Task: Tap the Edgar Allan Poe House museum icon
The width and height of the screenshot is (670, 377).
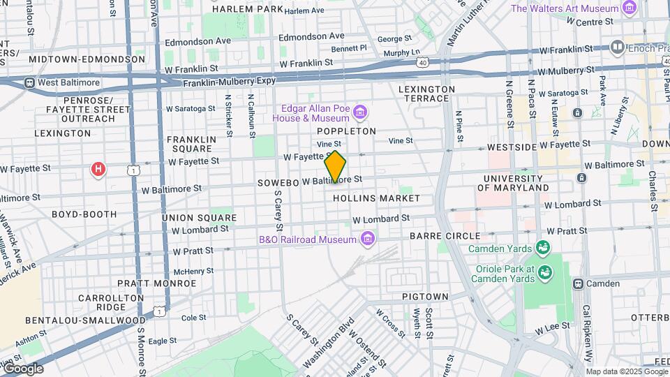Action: pyautogui.click(x=360, y=112)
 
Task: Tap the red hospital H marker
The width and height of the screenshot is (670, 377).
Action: pyautogui.click(x=99, y=169)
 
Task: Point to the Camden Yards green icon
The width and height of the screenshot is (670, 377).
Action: pyautogui.click(x=542, y=248)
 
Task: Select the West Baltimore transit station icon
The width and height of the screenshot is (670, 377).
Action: pyautogui.click(x=29, y=82)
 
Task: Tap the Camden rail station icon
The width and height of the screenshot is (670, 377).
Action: pyautogui.click(x=578, y=283)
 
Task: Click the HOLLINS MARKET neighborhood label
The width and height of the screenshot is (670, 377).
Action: pyautogui.click(x=376, y=198)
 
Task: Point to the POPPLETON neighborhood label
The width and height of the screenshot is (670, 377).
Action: pyautogui.click(x=346, y=131)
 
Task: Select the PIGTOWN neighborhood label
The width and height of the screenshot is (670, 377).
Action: pyautogui.click(x=425, y=297)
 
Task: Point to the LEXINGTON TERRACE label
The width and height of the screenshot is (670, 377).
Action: pyautogui.click(x=426, y=94)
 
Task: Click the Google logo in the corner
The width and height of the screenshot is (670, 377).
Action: pyautogui.click(x=23, y=369)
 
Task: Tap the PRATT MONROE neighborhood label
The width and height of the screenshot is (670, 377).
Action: pyautogui.click(x=156, y=283)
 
